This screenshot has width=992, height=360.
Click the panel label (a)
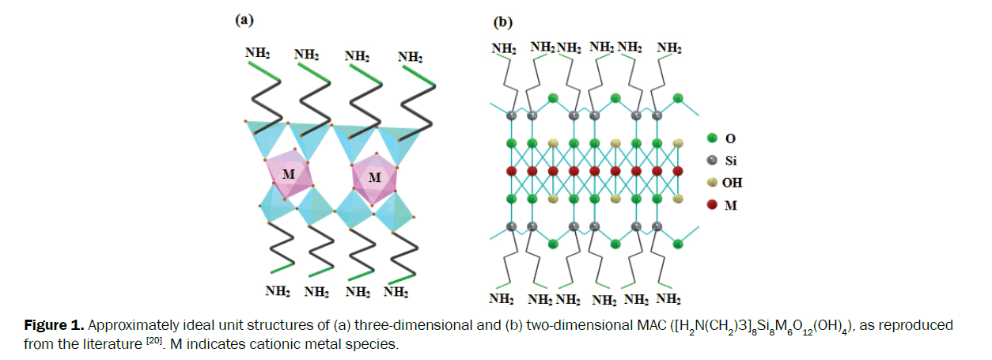pos(244,21)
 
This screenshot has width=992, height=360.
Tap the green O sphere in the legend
pos(711,138)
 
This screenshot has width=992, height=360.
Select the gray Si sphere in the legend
pos(711,160)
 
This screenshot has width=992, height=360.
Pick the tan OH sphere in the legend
pos(711,182)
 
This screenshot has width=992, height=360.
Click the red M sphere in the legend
pos(711,204)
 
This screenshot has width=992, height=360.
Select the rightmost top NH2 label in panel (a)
pos(410,57)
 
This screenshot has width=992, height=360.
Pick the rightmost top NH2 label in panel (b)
pos(669,48)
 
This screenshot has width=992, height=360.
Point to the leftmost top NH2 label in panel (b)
pos(504,48)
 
